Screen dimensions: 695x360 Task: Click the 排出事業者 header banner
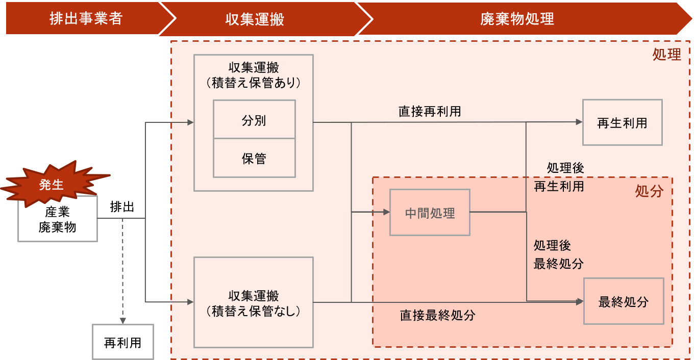pos(87,18)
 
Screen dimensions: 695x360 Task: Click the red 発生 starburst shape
pos(53,184)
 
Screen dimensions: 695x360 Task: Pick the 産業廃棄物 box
pos(58,219)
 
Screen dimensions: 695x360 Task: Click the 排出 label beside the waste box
pos(122,207)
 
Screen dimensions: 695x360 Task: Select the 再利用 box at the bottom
pos(123,342)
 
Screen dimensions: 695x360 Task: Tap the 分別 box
pos(254,119)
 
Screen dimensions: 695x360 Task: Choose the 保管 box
pos(254,158)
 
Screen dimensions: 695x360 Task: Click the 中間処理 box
pos(430,213)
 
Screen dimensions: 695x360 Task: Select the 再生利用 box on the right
pos(623,122)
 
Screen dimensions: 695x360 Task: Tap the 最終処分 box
pos(624,301)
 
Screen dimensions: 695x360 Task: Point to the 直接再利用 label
pos(430,111)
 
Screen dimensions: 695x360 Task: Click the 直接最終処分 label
pos(437,315)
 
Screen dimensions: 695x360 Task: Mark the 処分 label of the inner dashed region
pos(649,191)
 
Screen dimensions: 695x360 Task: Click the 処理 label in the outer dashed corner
pos(667,55)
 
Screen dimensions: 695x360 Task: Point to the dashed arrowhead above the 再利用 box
pos(123,321)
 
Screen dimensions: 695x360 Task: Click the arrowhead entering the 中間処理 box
pos(386,212)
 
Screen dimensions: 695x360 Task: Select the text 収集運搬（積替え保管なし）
pos(254,303)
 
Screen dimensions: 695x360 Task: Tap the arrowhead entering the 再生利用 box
pos(579,122)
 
